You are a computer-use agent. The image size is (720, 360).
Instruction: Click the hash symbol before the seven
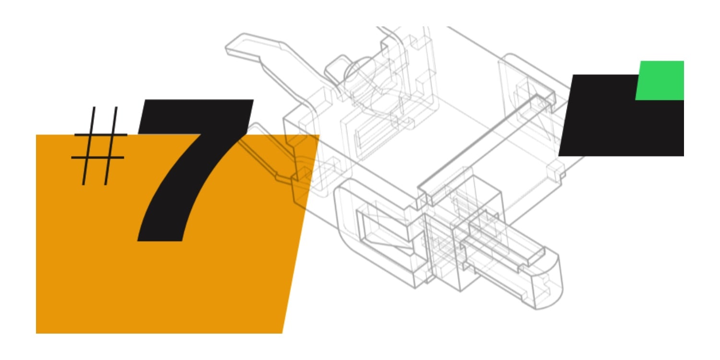pos(99,146)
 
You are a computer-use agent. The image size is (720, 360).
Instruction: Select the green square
pos(660,80)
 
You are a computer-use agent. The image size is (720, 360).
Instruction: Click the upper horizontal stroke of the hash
pos(101,135)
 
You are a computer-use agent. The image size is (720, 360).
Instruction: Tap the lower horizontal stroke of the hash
pos(98,157)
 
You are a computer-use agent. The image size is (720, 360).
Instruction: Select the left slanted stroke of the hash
pos(88,146)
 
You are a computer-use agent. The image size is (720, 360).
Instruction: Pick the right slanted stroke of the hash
pos(111,146)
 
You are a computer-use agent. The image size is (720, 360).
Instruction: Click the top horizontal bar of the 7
pos(196,116)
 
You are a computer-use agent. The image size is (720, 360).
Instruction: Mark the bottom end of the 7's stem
pos(160,240)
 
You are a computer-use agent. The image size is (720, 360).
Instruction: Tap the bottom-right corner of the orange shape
pos(282,333)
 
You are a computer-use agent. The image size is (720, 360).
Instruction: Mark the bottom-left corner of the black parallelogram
pos(559,156)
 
